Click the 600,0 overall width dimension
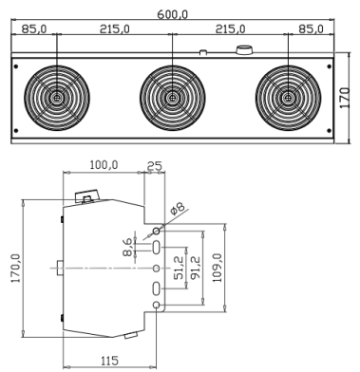pos(173,14)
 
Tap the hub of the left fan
pos(57,98)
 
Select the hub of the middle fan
pos(172,98)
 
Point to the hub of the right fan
pos(288,98)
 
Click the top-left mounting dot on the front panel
pos(16,66)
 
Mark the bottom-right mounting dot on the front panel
pos(329,130)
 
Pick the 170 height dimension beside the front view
pos(345,98)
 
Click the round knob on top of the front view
pos(244,50)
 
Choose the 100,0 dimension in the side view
pos(104,165)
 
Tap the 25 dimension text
pos(155,166)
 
